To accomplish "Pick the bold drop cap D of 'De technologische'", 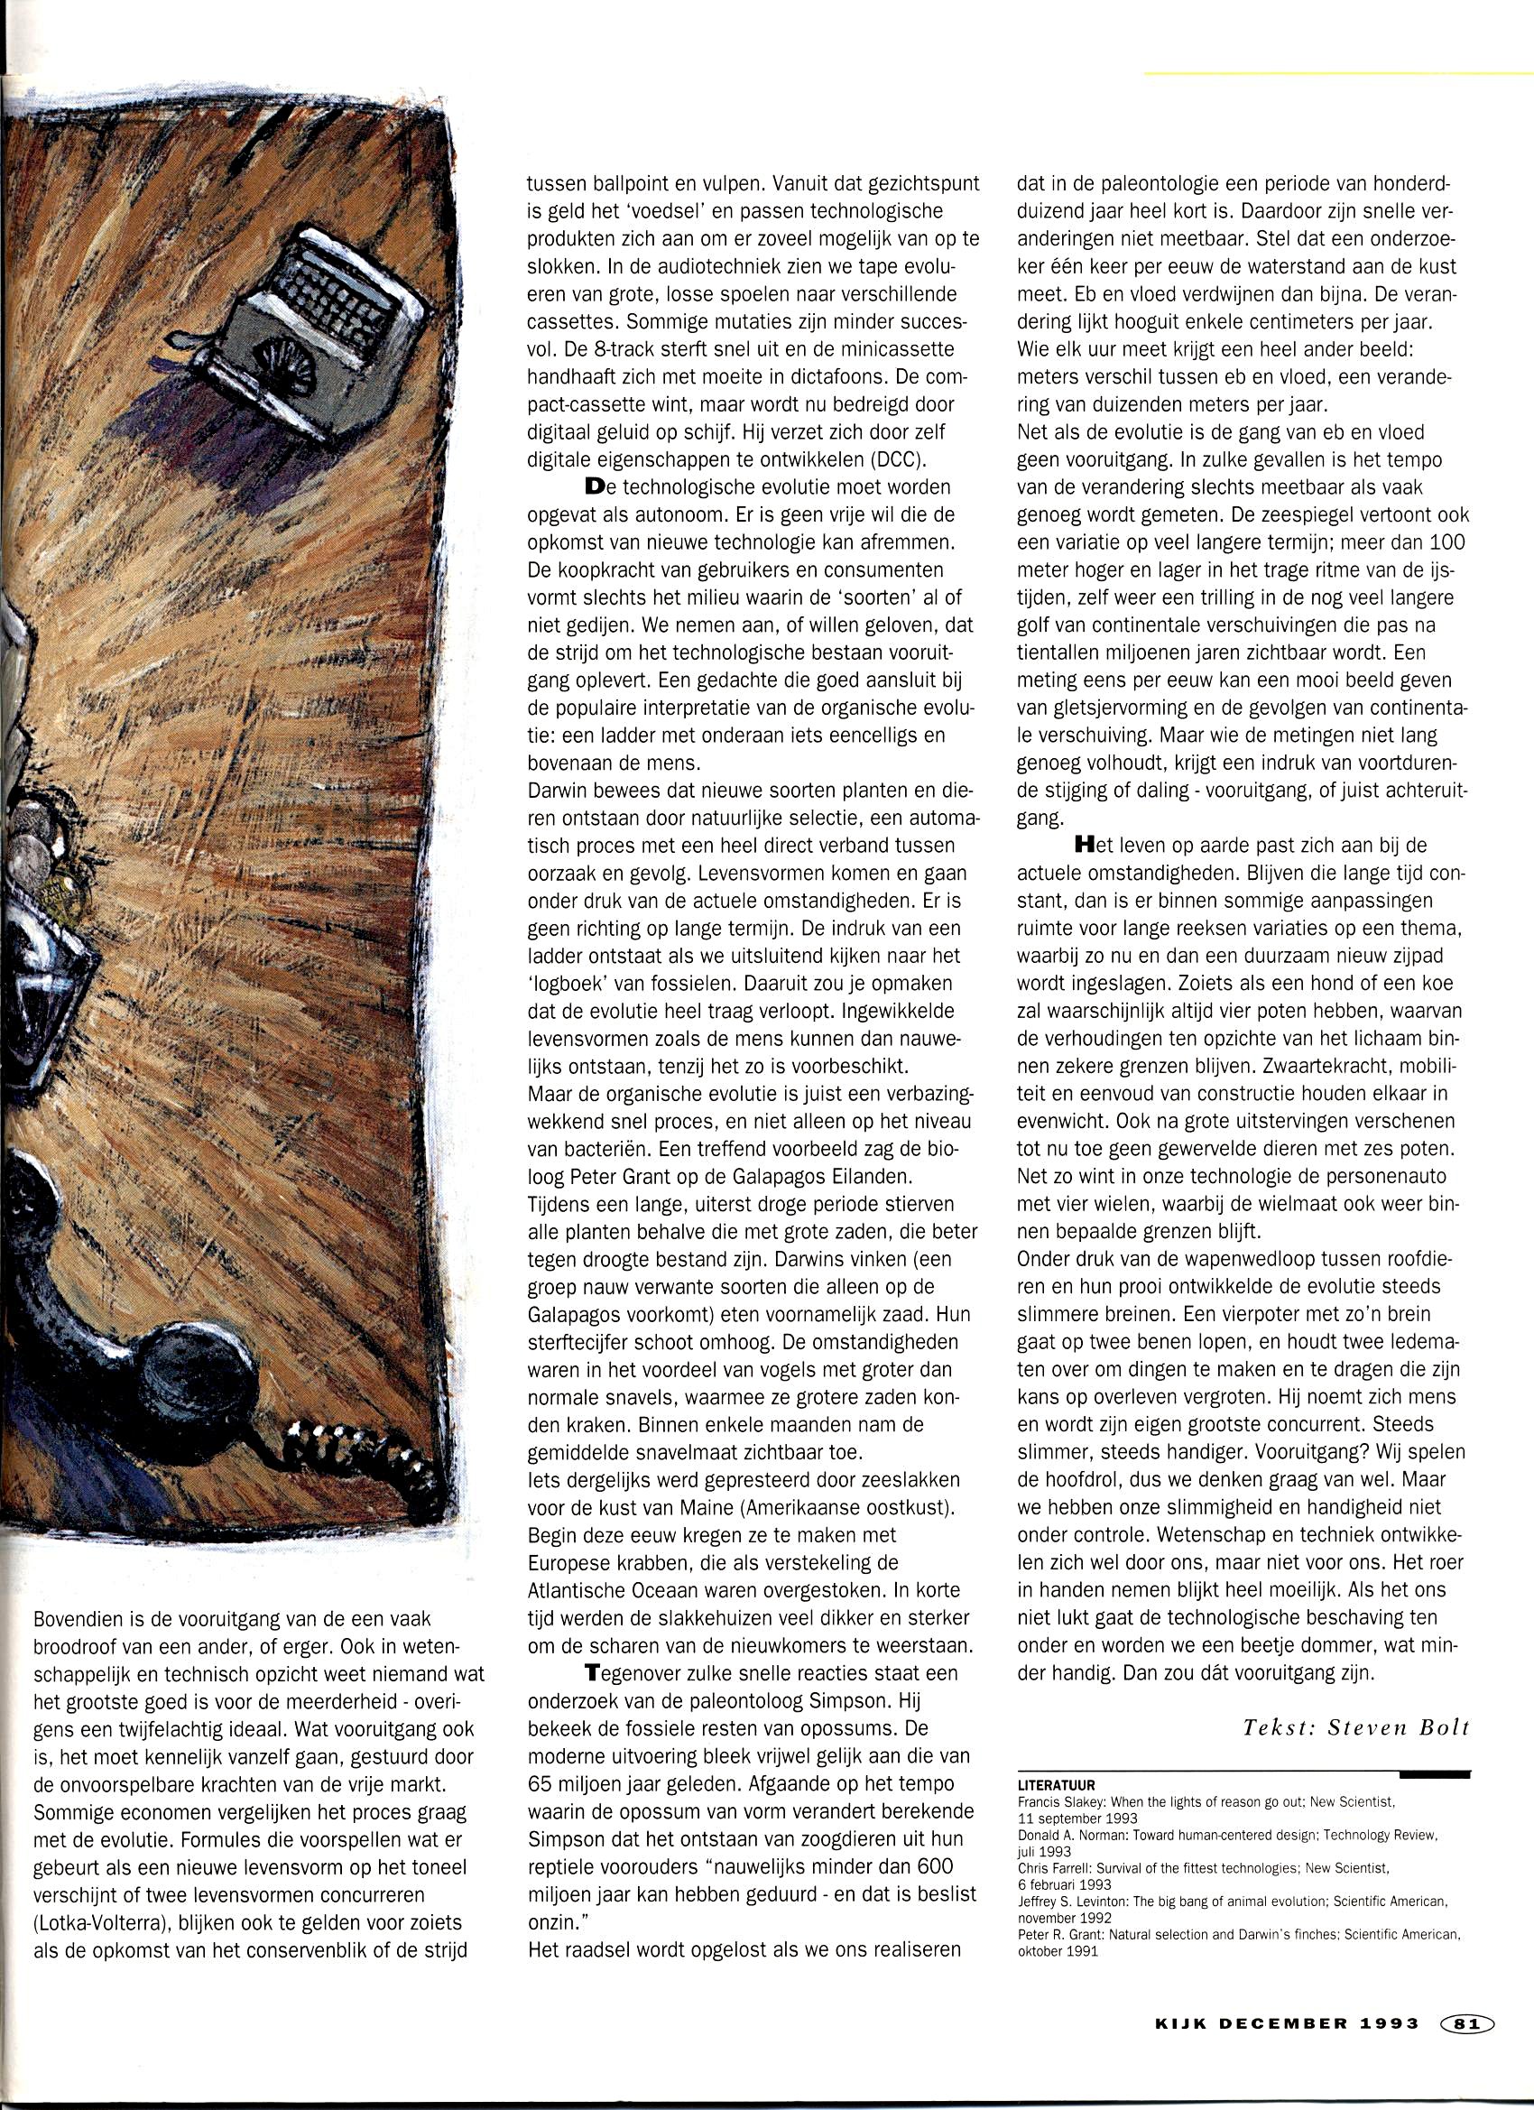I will pyautogui.click(x=596, y=486).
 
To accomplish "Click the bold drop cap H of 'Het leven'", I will pyautogui.click(x=1082, y=846).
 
